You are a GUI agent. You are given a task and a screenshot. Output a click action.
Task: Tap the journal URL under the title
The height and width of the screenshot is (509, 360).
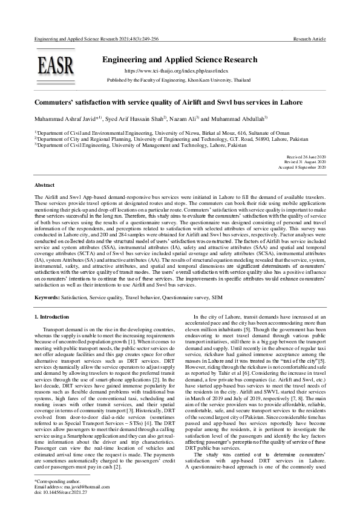tap(179, 71)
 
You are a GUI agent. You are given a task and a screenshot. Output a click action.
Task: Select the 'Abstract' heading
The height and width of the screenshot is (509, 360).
tap(44, 184)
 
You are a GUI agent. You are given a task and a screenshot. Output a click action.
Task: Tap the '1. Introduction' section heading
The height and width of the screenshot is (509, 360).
tap(51, 316)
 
